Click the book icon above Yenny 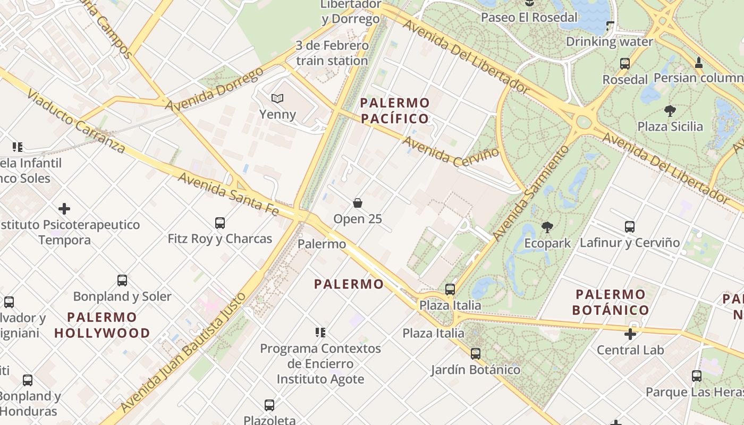click(x=277, y=98)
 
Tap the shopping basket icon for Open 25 click(x=358, y=203)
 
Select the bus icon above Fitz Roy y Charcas click(x=220, y=223)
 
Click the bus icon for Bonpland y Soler click(x=122, y=280)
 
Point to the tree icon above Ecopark click(x=547, y=228)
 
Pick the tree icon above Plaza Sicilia click(x=670, y=111)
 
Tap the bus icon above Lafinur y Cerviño click(x=630, y=227)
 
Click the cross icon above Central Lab click(x=630, y=334)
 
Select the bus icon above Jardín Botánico click(x=476, y=353)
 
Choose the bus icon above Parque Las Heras click(x=697, y=376)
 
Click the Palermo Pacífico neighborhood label click(x=394, y=110)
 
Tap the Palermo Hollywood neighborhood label click(x=102, y=325)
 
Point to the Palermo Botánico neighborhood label click(x=610, y=302)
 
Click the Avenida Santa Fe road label click(x=229, y=194)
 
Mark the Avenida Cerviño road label click(x=451, y=151)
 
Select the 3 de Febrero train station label click(x=332, y=53)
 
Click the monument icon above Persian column click(x=699, y=63)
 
